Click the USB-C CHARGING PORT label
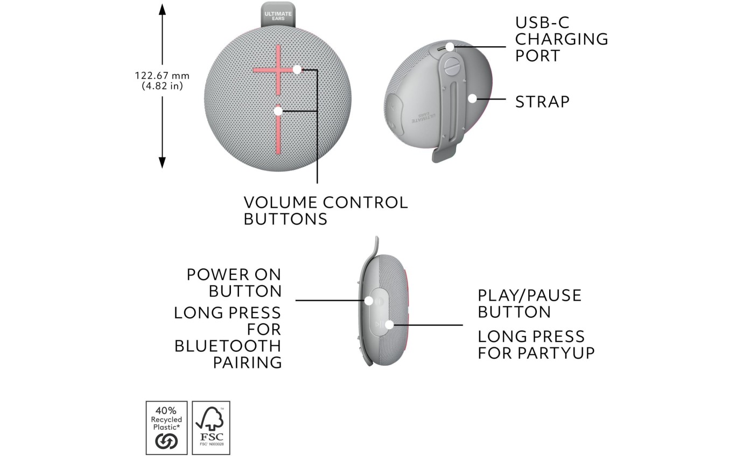click(x=561, y=39)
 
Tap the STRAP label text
click(x=542, y=102)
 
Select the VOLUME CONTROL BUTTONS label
click(x=325, y=210)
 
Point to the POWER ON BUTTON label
click(x=234, y=283)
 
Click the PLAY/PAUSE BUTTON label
click(x=529, y=303)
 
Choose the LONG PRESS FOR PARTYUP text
click(x=536, y=345)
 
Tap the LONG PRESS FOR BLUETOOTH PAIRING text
click(x=228, y=337)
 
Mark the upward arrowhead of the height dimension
click(x=162, y=9)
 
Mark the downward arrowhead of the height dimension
click(x=162, y=162)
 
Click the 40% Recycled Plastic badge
click(x=166, y=427)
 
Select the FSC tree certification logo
click(x=211, y=427)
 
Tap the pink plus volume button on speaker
click(x=278, y=70)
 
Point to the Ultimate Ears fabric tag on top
click(x=278, y=15)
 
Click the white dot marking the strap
click(x=472, y=98)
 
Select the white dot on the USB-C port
click(x=449, y=47)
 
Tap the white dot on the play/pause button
click(x=389, y=324)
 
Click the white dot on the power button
click(x=369, y=301)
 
